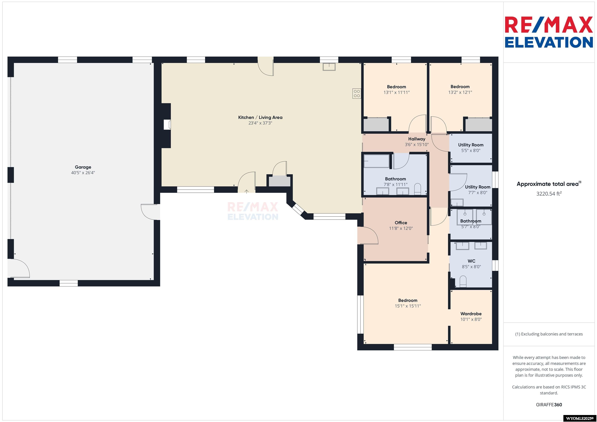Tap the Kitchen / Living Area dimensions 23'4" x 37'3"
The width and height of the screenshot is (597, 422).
coord(260,123)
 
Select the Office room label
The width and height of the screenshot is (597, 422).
coord(401,223)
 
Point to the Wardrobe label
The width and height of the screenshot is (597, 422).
coord(471,314)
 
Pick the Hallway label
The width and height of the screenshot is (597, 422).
coord(416,139)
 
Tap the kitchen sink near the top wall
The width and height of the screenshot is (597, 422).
coord(329,67)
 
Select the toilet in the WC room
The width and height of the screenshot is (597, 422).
coord(463,282)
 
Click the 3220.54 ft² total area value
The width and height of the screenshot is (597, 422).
coord(549,194)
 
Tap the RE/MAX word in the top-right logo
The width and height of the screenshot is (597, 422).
coord(549,25)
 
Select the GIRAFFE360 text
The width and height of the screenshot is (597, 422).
coord(549,405)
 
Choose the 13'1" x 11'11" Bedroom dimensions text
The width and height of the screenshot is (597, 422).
coord(396,92)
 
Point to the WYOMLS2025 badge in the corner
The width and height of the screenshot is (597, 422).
coord(580,418)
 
